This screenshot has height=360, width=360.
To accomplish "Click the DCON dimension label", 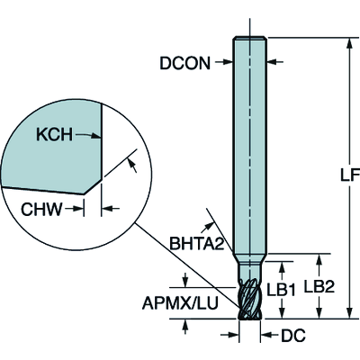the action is (x=184, y=63).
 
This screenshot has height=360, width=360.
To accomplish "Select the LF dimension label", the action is (x=350, y=175).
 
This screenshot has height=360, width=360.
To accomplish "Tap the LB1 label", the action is (x=281, y=290).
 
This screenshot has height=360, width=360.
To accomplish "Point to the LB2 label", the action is (x=319, y=287).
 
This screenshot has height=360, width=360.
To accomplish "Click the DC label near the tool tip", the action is (x=293, y=335).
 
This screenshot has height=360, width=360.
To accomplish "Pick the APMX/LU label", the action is (x=180, y=302).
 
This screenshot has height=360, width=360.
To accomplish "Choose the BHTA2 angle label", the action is (x=197, y=243).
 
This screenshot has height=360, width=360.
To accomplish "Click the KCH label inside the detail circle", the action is (x=54, y=135).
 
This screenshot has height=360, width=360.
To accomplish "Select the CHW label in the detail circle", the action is (x=41, y=209).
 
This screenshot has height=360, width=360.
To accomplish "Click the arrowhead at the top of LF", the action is (x=349, y=43).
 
